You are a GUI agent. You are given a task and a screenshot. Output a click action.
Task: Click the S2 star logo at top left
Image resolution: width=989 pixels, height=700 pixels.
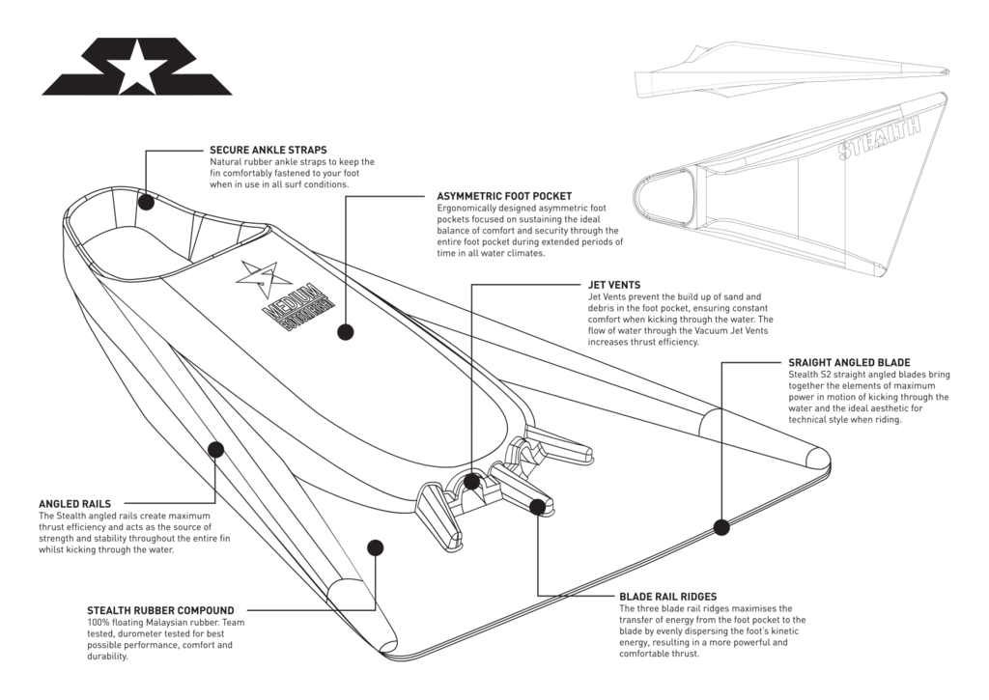pyautogui.click(x=137, y=68)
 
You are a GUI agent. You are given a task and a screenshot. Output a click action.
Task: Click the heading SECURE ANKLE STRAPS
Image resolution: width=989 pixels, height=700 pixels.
pyautogui.click(x=268, y=151)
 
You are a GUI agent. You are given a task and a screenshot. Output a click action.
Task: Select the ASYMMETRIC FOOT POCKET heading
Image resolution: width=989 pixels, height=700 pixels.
pyautogui.click(x=505, y=196)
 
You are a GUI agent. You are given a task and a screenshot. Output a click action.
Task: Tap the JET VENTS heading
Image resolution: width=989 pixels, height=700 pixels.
pyautogui.click(x=614, y=286)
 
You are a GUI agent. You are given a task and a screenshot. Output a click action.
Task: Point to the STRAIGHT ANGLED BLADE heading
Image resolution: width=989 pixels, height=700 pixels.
pyautogui.click(x=850, y=362)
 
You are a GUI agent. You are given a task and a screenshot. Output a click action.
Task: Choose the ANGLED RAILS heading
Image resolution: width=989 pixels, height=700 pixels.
pyautogui.click(x=75, y=504)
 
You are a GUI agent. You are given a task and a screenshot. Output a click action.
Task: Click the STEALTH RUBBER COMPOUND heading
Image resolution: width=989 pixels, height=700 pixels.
pyautogui.click(x=160, y=611)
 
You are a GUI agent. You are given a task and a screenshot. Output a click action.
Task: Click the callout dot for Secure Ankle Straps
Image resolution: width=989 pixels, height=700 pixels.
pyautogui.click(x=146, y=201)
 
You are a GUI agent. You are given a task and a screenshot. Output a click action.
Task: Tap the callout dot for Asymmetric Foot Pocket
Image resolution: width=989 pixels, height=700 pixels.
pyautogui.click(x=344, y=332)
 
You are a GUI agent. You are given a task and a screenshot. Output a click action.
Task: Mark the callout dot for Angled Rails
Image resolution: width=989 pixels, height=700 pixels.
pyautogui.click(x=214, y=449)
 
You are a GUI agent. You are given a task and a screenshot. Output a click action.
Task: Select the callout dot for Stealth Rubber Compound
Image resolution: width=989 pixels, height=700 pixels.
pyautogui.click(x=372, y=546)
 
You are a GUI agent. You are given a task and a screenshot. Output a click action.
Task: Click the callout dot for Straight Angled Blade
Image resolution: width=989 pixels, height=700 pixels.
pyautogui.click(x=721, y=526)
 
